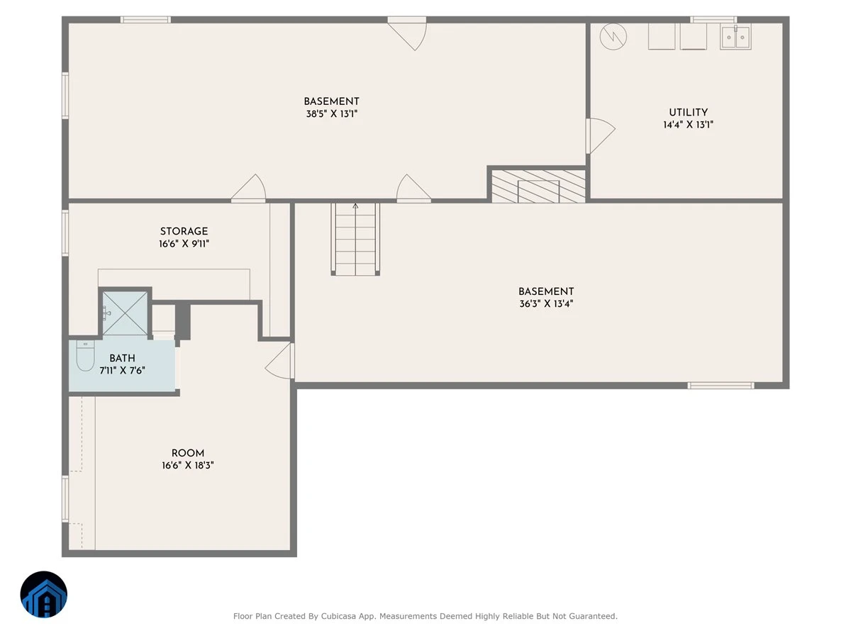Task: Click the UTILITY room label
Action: click(x=688, y=112)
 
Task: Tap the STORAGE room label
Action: click(x=184, y=231)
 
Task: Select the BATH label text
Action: click(x=122, y=358)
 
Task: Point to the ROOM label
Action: click(x=188, y=453)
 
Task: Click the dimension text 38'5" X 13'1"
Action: click(x=331, y=114)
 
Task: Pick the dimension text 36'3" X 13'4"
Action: click(x=546, y=303)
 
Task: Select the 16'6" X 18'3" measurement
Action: click(x=188, y=465)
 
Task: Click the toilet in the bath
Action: click(x=85, y=356)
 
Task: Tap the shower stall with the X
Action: click(x=125, y=313)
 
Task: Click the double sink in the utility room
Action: click(x=735, y=36)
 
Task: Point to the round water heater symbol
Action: click(x=613, y=37)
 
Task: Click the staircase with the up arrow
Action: click(x=355, y=239)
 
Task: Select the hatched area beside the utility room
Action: click(x=538, y=186)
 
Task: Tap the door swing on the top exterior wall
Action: click(x=408, y=34)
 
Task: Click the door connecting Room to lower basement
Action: click(x=279, y=361)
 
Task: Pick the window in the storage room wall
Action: click(x=65, y=233)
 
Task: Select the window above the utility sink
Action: click(x=713, y=20)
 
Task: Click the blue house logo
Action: click(x=44, y=594)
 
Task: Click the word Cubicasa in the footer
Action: click(x=338, y=616)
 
